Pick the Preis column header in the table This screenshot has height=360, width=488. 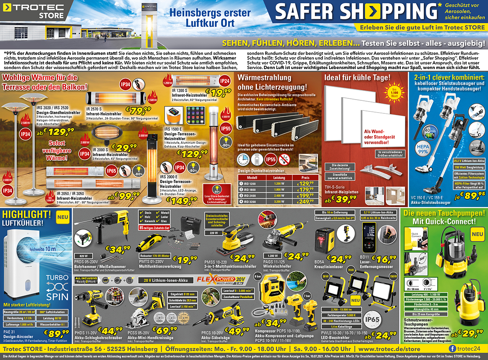pyautogui.click(x=305, y=177)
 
